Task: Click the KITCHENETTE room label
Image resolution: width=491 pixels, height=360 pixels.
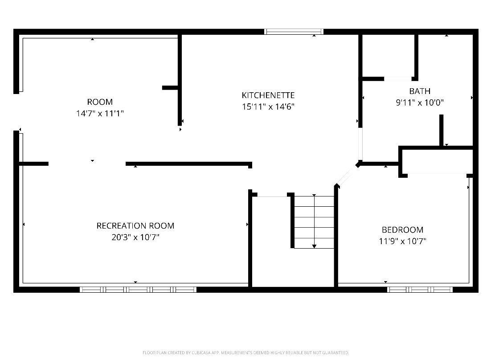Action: [268, 95]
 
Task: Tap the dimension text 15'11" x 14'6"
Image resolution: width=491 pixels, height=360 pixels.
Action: [268, 107]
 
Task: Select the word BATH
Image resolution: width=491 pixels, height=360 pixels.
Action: [420, 91]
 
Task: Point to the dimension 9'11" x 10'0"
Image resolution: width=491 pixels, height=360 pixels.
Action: [420, 102]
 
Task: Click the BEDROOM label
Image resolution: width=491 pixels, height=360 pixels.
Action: [402, 230]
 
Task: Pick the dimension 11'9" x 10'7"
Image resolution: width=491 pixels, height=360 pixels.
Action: [402, 241]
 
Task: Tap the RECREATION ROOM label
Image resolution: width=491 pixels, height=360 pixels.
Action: [135, 226]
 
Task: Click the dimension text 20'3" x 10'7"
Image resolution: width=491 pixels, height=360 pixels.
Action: [135, 237]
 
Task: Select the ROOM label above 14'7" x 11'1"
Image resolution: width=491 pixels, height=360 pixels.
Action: [100, 102]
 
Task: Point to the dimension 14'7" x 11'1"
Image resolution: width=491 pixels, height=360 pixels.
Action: [100, 113]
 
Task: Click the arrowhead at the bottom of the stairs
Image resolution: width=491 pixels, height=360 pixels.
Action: [314, 246]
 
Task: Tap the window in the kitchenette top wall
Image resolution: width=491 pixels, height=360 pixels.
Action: [294, 31]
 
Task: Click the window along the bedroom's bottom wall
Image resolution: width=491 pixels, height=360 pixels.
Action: [420, 290]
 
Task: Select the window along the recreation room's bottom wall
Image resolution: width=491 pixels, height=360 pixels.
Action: [138, 290]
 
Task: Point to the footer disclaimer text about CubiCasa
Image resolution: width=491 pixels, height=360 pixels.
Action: [245, 353]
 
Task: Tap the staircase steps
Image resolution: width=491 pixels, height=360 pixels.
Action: [314, 222]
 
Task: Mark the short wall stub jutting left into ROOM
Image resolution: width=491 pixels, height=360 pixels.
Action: [170, 88]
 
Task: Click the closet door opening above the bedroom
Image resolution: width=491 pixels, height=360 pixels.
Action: [437, 174]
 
